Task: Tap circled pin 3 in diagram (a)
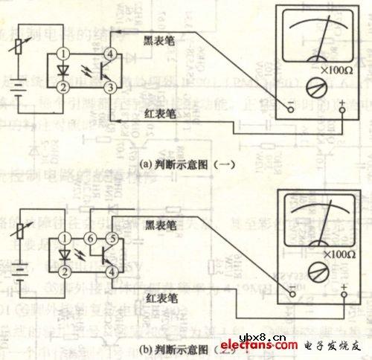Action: coord(110,87)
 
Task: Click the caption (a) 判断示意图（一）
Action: coord(185,166)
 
